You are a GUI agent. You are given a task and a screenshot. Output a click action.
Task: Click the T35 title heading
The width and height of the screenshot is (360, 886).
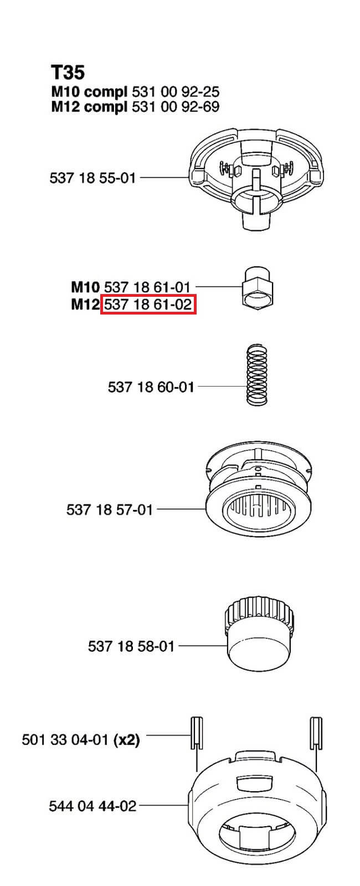[x=68, y=73]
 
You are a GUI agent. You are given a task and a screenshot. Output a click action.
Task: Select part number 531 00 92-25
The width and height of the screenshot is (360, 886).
[x=175, y=92]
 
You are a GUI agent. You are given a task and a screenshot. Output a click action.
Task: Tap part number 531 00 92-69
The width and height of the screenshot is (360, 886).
[x=175, y=107]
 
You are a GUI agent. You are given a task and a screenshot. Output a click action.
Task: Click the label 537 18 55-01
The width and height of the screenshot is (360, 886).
[x=92, y=178]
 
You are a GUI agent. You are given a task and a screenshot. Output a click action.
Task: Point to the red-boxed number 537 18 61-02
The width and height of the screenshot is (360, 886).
[x=148, y=305]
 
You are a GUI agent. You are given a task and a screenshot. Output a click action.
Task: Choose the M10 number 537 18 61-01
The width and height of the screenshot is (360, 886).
[x=147, y=287]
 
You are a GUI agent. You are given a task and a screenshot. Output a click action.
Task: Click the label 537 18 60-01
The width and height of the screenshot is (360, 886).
[x=151, y=387]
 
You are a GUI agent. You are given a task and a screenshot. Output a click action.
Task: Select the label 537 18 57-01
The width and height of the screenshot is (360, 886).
[x=110, y=509]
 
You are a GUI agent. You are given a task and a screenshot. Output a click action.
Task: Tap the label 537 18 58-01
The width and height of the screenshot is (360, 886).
[x=131, y=646]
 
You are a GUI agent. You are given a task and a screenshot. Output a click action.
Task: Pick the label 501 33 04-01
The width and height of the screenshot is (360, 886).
[x=65, y=740]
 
